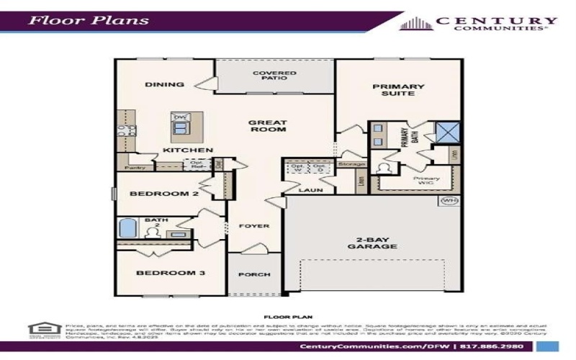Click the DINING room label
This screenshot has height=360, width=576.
click(x=164, y=84)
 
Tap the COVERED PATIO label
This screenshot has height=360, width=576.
click(x=270, y=76)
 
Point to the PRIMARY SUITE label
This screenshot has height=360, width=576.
click(x=398, y=90)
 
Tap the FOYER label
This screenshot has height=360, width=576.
click(x=254, y=226)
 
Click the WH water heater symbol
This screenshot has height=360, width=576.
click(x=449, y=200)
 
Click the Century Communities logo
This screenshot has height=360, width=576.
click(x=478, y=23)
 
